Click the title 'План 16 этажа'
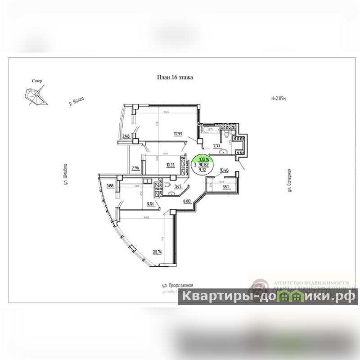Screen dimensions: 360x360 [175, 77]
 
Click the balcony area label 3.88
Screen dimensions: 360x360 [110, 185]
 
